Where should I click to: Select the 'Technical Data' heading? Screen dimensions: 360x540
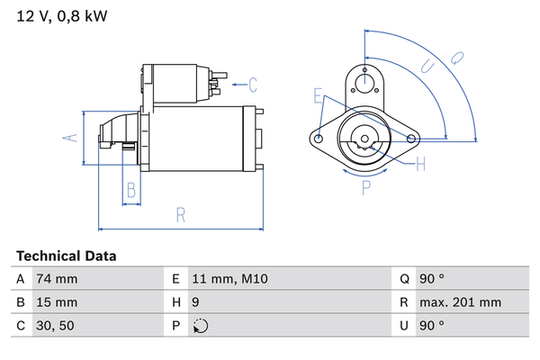66,256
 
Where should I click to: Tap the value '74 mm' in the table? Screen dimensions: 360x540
56,279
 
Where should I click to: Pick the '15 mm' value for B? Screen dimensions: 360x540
56,302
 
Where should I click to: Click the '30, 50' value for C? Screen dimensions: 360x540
55,326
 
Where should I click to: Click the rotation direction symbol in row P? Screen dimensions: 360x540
200,326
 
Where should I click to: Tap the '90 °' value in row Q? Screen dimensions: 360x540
434,279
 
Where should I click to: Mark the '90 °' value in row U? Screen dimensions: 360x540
434,326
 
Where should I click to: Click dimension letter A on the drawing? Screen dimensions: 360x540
66,138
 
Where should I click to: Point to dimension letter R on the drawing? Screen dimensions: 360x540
180,214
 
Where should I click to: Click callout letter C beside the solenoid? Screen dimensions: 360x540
253,85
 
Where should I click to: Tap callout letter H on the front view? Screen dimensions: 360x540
420,163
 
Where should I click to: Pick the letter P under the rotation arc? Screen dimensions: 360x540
366,188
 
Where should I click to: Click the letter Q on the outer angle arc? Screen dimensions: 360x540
456,57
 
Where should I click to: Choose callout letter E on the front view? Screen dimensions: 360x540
318,94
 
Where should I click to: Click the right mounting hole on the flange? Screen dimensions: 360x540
412,139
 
